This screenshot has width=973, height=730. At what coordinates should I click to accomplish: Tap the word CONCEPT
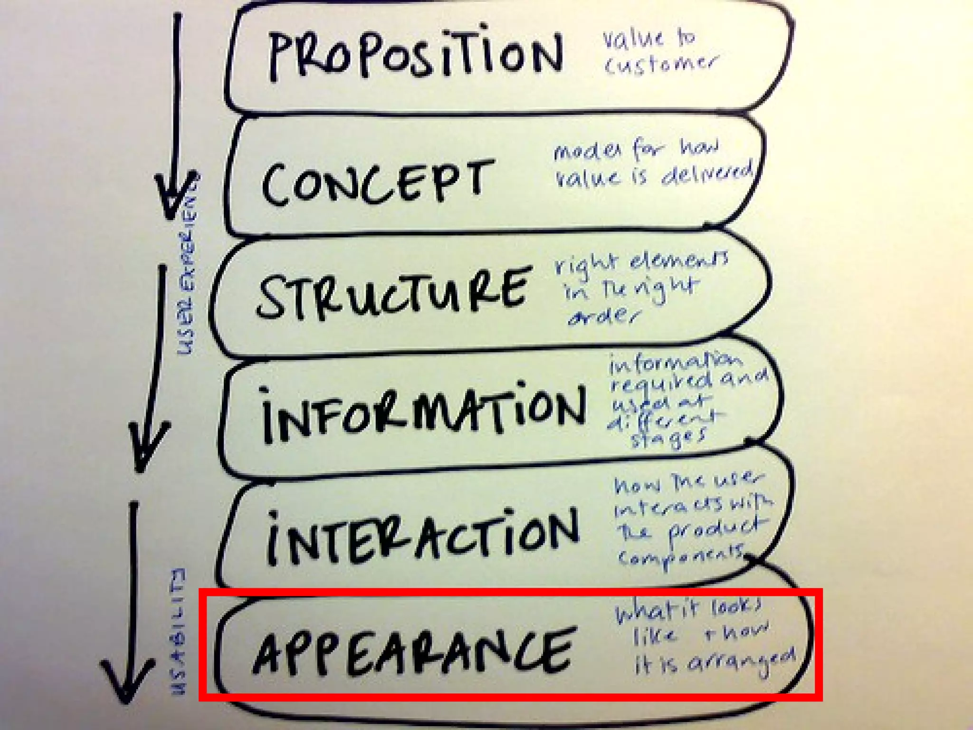tap(375, 183)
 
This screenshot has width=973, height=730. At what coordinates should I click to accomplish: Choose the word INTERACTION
tap(423, 537)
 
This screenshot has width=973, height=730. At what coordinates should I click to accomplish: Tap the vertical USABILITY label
tap(179, 632)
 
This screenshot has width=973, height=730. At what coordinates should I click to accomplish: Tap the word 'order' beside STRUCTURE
tap(603, 316)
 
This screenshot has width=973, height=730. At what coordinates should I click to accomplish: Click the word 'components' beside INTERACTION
tap(682, 556)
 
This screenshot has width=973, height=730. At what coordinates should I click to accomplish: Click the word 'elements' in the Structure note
tap(679, 261)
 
